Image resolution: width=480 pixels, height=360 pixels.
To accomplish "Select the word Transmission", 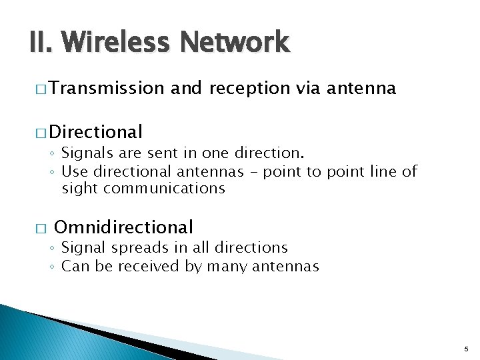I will [x=106, y=88].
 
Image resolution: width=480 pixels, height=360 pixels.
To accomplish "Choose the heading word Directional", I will [x=95, y=132].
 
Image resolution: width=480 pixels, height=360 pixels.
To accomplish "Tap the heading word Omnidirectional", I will [x=123, y=228].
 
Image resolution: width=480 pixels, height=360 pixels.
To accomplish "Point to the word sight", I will [x=79, y=189].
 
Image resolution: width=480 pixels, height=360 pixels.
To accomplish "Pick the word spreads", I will [x=141, y=247].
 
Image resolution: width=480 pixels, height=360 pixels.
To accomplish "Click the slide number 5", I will [x=467, y=349].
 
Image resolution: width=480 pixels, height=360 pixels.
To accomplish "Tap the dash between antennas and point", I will [x=253, y=171].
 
